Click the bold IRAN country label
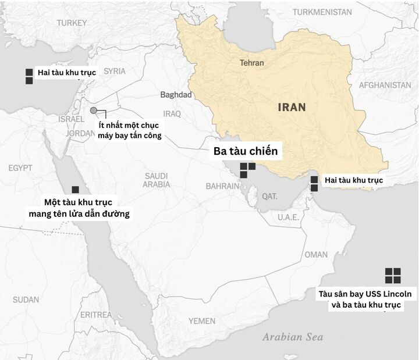click(x=292, y=107)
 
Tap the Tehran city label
click(x=251, y=63)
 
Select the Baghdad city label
click(x=176, y=95)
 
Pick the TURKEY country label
click(x=72, y=23)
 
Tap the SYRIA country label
click(x=115, y=71)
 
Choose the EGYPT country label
click(x=20, y=168)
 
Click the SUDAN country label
click(x=26, y=300)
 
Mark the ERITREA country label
click(x=96, y=315)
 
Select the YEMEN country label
click(x=201, y=321)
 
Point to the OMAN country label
click(x=316, y=254)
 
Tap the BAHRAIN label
click(x=222, y=186)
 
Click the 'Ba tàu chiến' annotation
click(x=246, y=152)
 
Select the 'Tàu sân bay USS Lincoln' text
click(x=365, y=293)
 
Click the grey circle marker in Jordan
click(x=94, y=111)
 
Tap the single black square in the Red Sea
click(x=75, y=190)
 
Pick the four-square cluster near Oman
click(x=393, y=276)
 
